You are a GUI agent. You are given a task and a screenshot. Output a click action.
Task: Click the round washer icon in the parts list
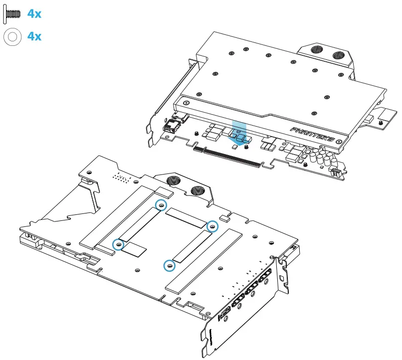point(11,37)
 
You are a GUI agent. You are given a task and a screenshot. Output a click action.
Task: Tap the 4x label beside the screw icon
point(34,14)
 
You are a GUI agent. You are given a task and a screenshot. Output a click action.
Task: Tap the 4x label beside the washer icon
point(34,36)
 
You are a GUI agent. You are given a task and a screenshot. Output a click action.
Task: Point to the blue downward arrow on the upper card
point(239,133)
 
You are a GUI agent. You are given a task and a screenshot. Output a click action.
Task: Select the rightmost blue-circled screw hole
point(212,226)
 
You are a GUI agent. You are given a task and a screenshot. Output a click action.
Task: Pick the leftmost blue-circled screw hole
point(118,244)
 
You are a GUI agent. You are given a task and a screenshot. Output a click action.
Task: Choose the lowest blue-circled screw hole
point(170,266)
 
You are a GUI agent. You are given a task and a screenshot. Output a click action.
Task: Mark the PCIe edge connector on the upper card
point(227,157)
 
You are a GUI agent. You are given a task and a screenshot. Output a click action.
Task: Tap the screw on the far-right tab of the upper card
point(381,121)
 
